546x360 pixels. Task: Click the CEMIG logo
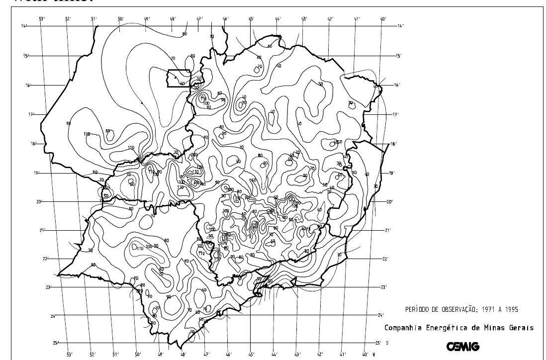point(463,347)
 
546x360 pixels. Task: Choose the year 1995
point(509,310)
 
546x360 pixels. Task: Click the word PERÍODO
point(420,310)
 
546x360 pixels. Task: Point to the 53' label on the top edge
point(42,19)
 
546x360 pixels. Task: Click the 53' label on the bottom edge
point(69,355)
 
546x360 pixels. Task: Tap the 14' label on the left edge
point(24,26)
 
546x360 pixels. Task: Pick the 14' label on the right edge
point(400,26)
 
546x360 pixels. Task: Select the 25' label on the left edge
point(56,343)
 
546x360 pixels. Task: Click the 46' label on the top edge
point(225,19)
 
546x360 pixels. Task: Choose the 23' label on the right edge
point(383,287)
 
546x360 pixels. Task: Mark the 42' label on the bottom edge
point(320,355)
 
